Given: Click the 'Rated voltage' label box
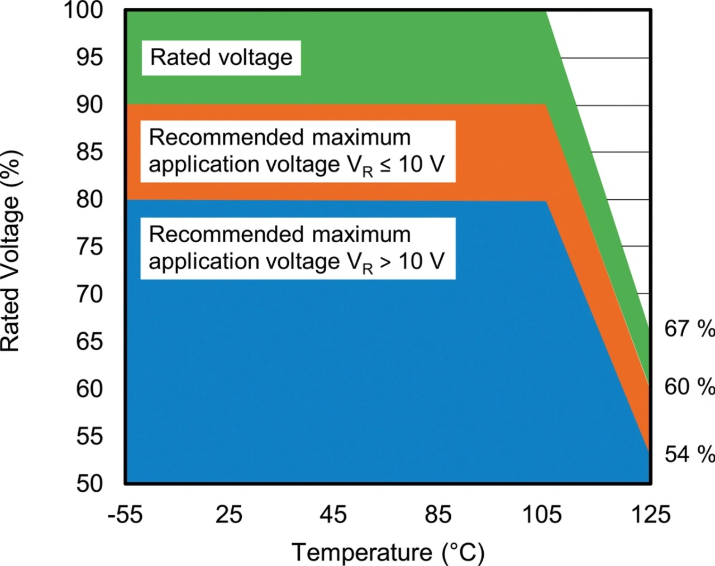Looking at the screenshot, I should pyautogui.click(x=221, y=57).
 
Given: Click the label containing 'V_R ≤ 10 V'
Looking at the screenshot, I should pyautogui.click(x=297, y=151).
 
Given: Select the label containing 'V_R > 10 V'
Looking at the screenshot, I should pyautogui.click(x=297, y=248).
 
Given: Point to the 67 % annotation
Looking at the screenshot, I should pyautogui.click(x=689, y=328).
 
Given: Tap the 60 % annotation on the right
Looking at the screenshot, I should pyautogui.click(x=689, y=386).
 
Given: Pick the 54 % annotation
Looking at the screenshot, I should pyautogui.click(x=689, y=454).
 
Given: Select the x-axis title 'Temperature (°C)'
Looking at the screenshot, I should pyautogui.click(x=388, y=552).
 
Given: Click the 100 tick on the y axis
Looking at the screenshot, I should pyautogui.click(x=84, y=10).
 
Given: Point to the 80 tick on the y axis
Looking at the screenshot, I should pyautogui.click(x=90, y=199).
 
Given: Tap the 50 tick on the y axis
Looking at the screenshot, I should pyautogui.click(x=90, y=483).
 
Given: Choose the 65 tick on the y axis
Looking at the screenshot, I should pyautogui.click(x=90, y=341).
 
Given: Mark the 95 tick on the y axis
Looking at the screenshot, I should pyautogui.click(x=90, y=57).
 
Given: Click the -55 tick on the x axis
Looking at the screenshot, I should pyautogui.click(x=125, y=514).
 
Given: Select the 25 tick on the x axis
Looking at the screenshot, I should pyautogui.click(x=229, y=514).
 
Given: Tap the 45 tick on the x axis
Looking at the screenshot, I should pyautogui.click(x=333, y=514).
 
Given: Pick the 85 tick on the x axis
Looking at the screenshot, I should pyautogui.click(x=438, y=514).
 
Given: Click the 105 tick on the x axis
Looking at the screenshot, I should pyautogui.click(x=542, y=514).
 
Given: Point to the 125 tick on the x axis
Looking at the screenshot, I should pyautogui.click(x=650, y=514).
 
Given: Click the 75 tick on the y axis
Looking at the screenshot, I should pyautogui.click(x=90, y=246).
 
